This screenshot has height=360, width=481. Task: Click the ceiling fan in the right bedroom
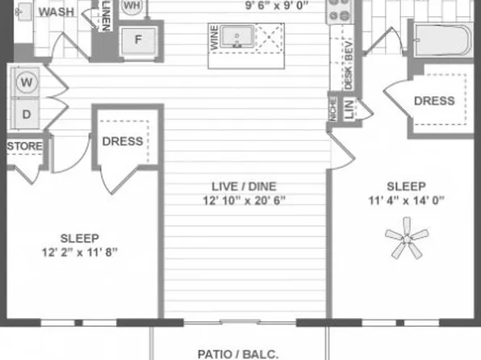406,241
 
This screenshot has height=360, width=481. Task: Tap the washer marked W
27,82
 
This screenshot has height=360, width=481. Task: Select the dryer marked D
27,114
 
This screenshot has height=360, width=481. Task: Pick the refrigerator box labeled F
138,40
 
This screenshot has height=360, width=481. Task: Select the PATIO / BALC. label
240,353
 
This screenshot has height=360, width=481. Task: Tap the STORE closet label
25,146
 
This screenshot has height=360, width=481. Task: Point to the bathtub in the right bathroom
440,39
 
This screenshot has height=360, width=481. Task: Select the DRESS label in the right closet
434,101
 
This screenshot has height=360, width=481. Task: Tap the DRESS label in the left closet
123,141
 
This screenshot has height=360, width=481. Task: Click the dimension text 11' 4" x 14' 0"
405,200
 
